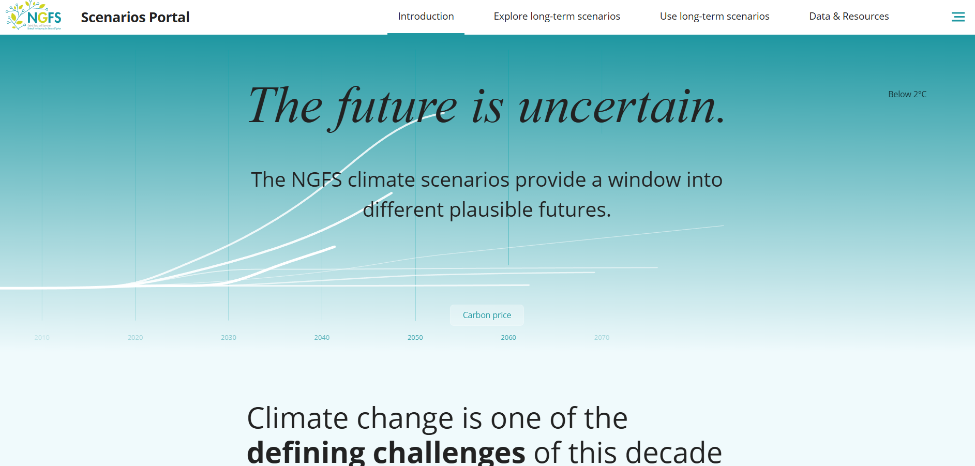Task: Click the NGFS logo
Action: coord(34,16)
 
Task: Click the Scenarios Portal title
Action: coord(135,18)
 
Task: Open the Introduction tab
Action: coord(426,17)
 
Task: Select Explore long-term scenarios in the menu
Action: coord(557,17)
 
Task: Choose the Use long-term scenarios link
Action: coord(714,17)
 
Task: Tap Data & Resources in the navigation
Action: coord(848,17)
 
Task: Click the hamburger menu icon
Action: coord(958,17)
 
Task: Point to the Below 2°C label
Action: coord(907,94)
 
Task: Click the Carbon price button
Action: coord(487,315)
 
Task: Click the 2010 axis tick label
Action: coord(42,338)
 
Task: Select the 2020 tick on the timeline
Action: coord(135,338)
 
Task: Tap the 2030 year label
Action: coord(229,338)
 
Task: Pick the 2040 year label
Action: coord(322,338)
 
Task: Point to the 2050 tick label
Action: coord(415,338)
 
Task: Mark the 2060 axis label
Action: coord(508,338)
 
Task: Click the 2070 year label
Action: coord(602,338)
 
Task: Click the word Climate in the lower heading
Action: coord(297,418)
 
